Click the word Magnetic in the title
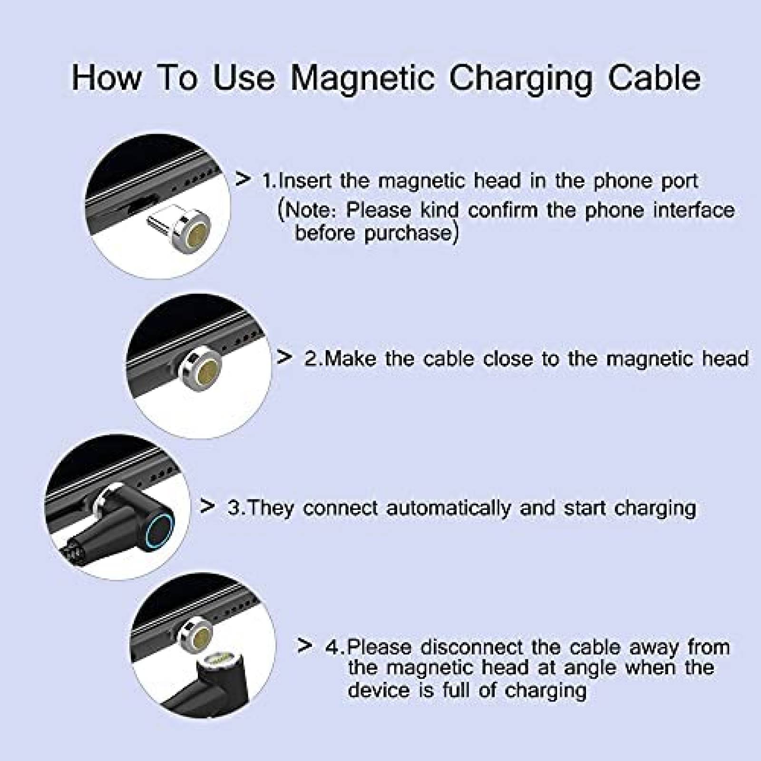[x=362, y=78]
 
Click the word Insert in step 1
[x=303, y=181]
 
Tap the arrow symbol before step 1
[x=243, y=179]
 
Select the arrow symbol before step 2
[x=284, y=357]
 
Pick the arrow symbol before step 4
[x=305, y=645]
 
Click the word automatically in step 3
[x=448, y=508]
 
